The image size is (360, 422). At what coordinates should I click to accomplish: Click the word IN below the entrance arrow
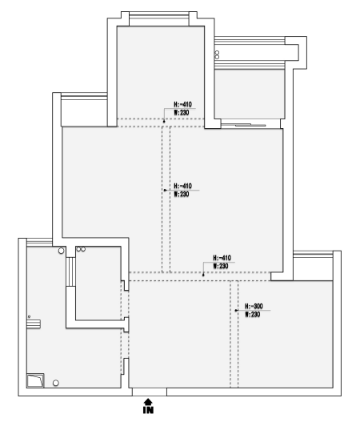[x=148, y=410]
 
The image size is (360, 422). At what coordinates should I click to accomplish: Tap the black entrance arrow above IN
[x=148, y=402]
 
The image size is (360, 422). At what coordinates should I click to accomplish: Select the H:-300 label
[x=254, y=306]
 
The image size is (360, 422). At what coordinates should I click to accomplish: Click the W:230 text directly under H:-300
[x=253, y=315]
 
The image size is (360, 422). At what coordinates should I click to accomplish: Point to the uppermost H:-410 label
[x=183, y=104]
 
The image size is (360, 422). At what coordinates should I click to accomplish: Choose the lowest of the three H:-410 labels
[x=222, y=258]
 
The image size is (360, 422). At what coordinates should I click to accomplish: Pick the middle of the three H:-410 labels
[x=183, y=186]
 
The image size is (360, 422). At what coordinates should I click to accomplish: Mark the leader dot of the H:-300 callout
[x=236, y=311]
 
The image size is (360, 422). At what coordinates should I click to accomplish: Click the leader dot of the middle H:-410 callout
[x=165, y=190]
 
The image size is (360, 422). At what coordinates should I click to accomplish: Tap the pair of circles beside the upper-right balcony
[x=217, y=55]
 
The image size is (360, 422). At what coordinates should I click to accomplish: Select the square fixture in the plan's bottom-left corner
[x=35, y=380]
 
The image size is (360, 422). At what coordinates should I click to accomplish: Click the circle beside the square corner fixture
[x=56, y=383]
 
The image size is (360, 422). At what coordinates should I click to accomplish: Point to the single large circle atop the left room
[x=62, y=251]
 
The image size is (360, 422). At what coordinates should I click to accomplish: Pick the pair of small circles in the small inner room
[x=81, y=249]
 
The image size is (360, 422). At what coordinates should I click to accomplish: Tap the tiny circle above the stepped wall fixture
[x=29, y=317]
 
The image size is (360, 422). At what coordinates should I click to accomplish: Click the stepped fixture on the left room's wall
[x=34, y=324]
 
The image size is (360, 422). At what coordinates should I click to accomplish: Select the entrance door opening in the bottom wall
[x=150, y=392]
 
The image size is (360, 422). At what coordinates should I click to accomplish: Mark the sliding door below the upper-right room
[x=250, y=125]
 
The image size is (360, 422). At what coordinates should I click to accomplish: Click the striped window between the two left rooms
[x=70, y=271]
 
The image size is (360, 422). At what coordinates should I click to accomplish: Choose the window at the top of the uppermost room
[x=159, y=19]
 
